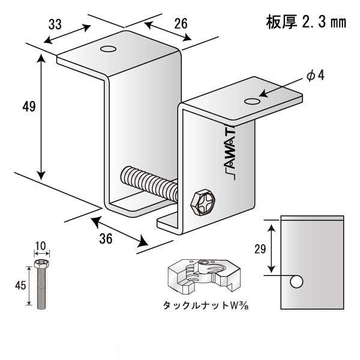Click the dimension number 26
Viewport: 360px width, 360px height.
pos(180,23)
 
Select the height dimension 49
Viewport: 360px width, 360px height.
pos(28,107)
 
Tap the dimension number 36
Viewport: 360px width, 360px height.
pos(105,238)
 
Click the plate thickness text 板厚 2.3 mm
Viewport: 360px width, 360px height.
pos(305,23)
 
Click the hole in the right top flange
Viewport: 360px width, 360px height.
pos(253,100)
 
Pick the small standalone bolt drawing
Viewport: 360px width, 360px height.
pos(40,285)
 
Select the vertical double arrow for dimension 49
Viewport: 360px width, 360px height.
pos(41,117)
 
